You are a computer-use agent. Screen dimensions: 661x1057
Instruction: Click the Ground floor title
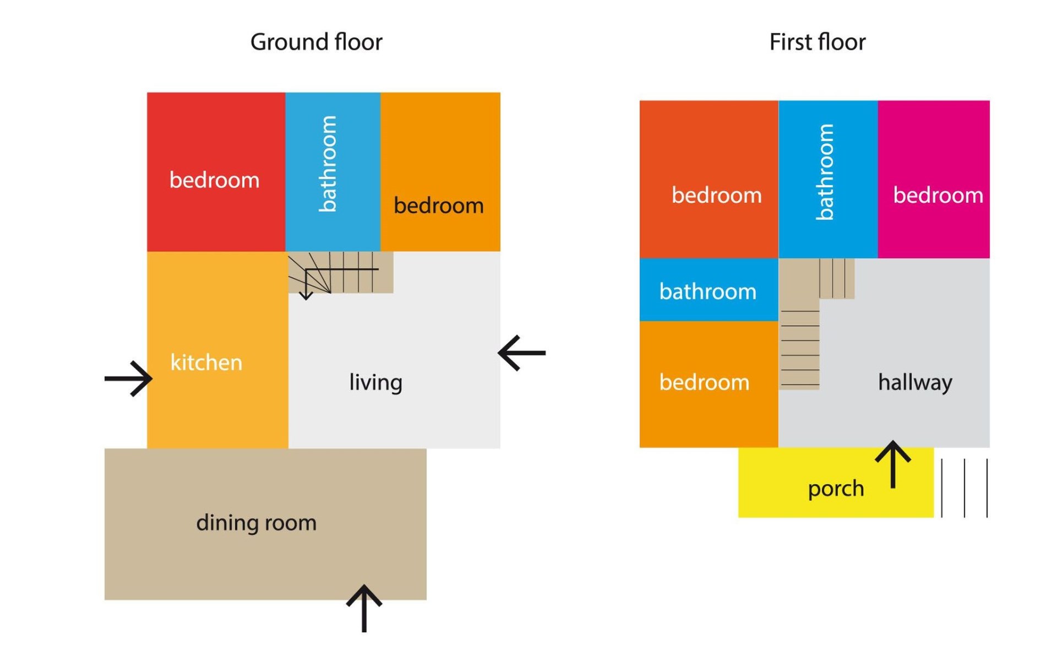tap(316, 42)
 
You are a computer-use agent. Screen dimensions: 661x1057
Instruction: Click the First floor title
tap(817, 42)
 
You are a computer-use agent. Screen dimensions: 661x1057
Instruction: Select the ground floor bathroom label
tap(328, 164)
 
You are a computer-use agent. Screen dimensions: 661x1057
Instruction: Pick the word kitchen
tap(206, 362)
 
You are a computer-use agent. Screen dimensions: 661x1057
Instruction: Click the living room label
tap(375, 382)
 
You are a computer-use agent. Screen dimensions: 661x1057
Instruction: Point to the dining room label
tap(257, 523)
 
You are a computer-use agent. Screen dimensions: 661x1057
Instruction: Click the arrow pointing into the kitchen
tap(129, 378)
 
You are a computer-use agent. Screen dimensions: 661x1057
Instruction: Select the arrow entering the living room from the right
tap(521, 353)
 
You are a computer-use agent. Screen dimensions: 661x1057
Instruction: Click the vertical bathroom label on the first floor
tap(825, 172)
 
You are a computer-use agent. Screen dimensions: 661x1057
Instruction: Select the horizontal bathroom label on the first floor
tap(708, 291)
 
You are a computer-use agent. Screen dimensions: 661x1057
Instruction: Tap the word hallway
tap(915, 382)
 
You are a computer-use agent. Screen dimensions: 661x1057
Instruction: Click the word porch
tap(836, 489)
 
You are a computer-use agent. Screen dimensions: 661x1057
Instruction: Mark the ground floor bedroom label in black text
tap(439, 205)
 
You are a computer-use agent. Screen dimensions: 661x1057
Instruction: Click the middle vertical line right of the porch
tap(965, 488)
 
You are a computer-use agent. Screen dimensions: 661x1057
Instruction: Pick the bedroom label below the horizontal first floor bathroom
tap(704, 382)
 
